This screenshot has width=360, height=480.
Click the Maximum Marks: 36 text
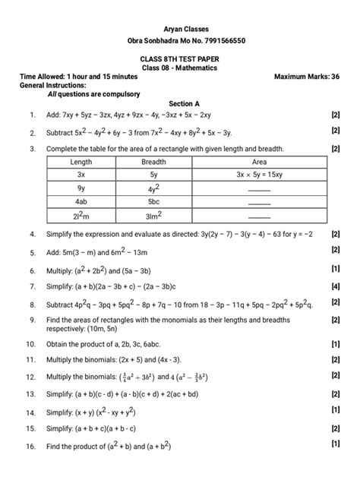[305, 77]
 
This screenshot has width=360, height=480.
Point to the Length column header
[81, 163]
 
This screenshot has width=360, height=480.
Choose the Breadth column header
[153, 163]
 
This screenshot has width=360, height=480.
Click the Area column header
[259, 163]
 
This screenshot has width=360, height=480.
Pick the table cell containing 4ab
[81, 201]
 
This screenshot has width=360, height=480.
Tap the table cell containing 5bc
[153, 201]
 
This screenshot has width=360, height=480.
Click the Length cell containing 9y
[81, 188]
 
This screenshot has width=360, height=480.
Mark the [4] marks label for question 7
[335, 286]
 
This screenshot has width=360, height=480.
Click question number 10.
[31, 343]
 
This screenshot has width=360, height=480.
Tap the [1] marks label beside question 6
[335, 269]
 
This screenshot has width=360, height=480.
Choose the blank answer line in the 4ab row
[259, 204]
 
